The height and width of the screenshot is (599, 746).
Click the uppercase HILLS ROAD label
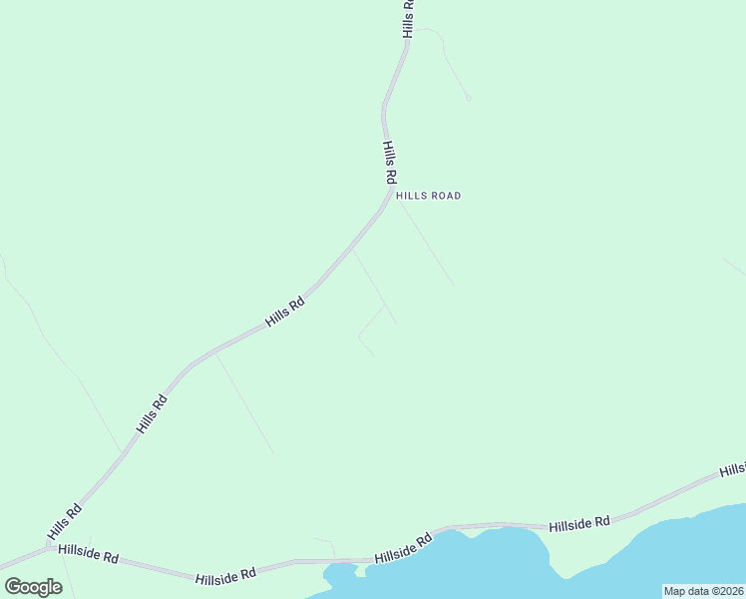point(429,196)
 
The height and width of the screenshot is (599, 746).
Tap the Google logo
point(33,586)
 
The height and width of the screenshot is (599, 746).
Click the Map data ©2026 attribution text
point(703,591)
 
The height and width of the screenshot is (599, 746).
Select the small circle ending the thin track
point(468,98)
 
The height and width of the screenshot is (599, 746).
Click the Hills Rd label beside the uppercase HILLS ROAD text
point(390,162)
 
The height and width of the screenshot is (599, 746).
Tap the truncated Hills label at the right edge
point(733,469)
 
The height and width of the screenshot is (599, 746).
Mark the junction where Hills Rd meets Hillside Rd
point(50,546)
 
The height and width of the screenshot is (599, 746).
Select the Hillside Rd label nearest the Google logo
point(88,552)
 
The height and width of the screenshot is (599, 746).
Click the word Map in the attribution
point(675,591)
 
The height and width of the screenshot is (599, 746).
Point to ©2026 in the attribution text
point(728,591)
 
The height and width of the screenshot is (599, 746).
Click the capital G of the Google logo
point(13,586)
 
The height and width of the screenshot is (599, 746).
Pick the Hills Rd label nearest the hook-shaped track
point(285,313)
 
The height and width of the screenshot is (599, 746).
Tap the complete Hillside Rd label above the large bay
point(579,523)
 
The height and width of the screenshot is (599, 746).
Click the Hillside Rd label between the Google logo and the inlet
point(225,576)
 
